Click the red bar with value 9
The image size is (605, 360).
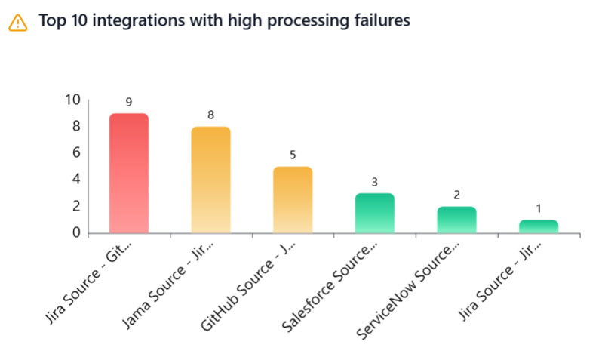(x=129, y=173)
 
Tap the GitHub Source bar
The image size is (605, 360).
(x=293, y=199)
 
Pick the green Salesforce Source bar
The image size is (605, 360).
(x=374, y=213)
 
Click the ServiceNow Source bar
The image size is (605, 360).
(x=456, y=220)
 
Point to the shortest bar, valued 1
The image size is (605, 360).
(x=538, y=226)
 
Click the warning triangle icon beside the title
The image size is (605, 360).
(x=17, y=22)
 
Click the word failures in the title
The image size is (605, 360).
(x=382, y=21)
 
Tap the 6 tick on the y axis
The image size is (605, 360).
(x=76, y=153)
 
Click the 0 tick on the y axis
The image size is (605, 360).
(x=76, y=232)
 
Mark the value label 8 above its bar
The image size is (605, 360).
(x=210, y=115)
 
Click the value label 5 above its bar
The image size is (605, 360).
(x=293, y=155)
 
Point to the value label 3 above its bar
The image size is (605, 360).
(x=374, y=182)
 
